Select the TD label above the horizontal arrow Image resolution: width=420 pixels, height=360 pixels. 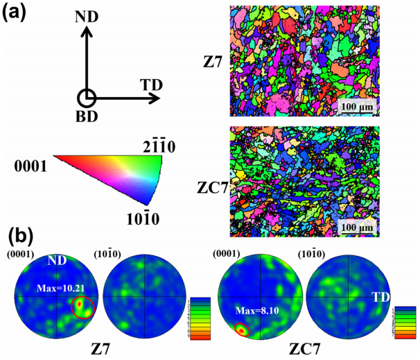point(152,85)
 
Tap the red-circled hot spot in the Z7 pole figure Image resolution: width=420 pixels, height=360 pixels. point(83,305)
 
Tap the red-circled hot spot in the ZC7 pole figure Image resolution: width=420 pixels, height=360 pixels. point(240,331)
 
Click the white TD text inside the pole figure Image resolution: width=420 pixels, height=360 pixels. point(381,296)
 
